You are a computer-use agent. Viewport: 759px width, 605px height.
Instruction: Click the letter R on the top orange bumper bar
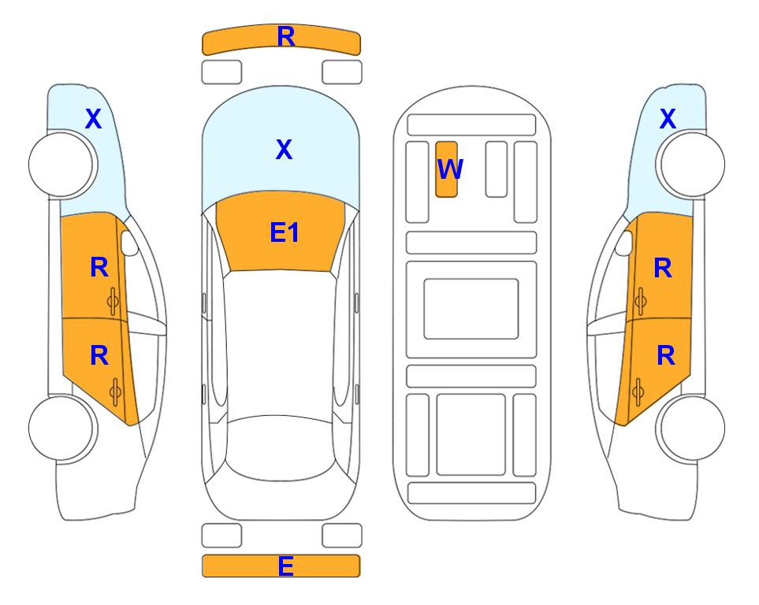pos(286,37)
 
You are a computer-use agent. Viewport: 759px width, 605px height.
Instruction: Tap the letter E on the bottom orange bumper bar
pos(285,566)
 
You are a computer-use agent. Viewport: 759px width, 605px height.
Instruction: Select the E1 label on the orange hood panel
pos(285,232)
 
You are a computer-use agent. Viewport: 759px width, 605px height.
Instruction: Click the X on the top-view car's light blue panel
pos(285,149)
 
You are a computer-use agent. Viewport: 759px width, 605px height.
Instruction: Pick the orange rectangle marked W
pos(446,169)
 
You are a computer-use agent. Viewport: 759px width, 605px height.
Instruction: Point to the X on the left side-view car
pos(94,118)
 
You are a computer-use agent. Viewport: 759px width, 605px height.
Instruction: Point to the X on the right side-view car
pos(668,118)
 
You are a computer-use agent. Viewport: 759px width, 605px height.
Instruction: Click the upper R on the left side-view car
pos(99,267)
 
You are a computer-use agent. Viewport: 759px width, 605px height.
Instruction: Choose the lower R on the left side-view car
pos(99,356)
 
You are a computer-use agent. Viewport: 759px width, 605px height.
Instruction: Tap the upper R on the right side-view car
pos(663,268)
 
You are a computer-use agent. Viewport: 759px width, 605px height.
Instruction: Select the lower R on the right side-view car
pos(665,356)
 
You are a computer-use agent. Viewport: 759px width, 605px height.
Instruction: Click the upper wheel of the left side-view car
pos(61,164)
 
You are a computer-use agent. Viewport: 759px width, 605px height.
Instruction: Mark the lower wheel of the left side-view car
pos(61,428)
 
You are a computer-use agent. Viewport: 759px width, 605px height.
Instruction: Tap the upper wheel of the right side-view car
pos(692,164)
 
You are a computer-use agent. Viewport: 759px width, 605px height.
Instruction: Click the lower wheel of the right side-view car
pos(692,428)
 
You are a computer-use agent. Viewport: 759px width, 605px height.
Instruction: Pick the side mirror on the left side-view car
pos(128,243)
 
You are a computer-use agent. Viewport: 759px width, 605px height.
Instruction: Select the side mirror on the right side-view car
pos(624,243)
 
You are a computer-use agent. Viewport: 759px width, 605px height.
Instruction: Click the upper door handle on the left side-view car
pos(113,301)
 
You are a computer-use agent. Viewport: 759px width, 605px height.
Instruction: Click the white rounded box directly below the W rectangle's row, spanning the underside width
pos(471,243)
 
